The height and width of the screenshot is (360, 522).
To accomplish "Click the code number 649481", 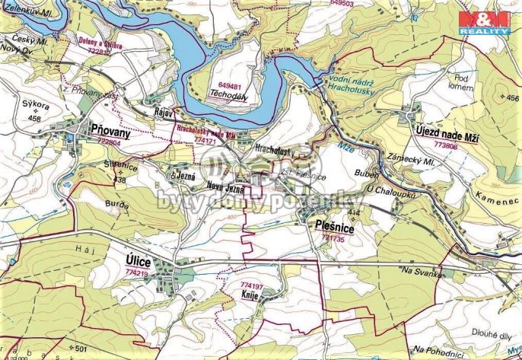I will coord(229,86).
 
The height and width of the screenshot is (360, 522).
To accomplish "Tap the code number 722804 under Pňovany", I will coord(105,142).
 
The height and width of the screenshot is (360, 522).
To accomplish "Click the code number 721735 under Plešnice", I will coord(333,238).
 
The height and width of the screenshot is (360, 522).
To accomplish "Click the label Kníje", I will coord(251,293).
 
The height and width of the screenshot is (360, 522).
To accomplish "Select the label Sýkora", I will coord(33,107).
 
